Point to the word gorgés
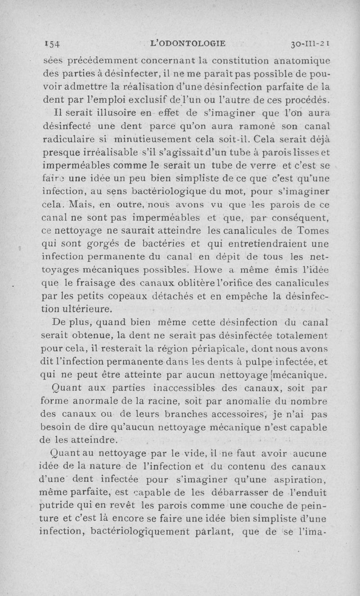point(106,244)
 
